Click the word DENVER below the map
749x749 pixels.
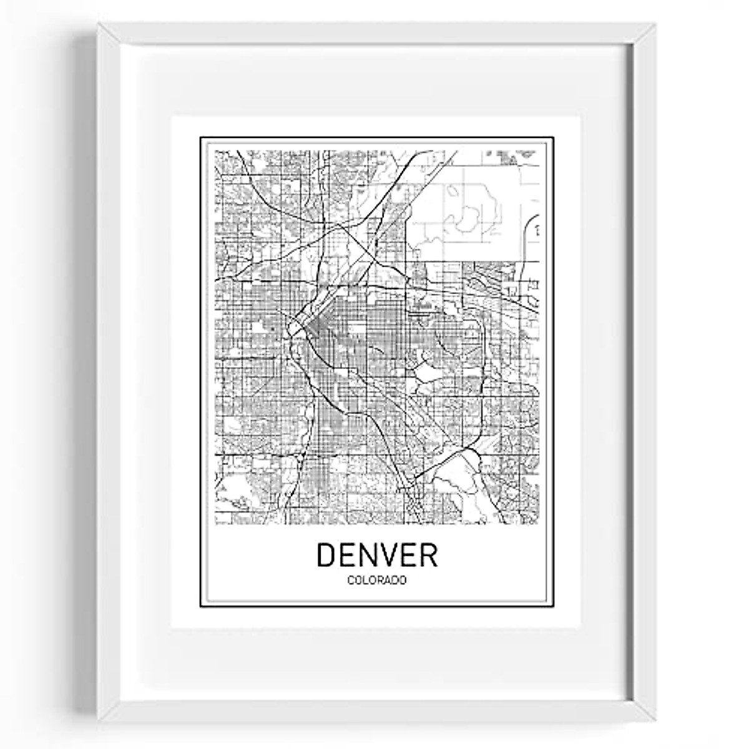(377, 554)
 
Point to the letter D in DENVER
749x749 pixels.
(327, 554)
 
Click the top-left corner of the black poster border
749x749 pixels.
(201, 138)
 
